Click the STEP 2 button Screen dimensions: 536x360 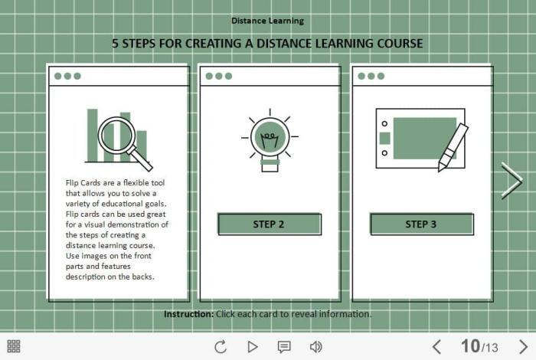pos(270,224)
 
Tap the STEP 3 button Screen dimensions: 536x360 pos(421,224)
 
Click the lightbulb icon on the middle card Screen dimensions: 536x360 pos(270,140)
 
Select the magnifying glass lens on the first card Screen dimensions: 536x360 pos(115,134)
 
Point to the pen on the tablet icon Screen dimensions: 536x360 pos(453,147)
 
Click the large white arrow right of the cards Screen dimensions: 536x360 pos(511,182)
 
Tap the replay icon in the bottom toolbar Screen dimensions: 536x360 pos(221,347)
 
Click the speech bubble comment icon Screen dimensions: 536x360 pos(284,347)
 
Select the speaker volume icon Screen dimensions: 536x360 pos(315,347)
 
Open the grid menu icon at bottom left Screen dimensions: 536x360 pos(14,346)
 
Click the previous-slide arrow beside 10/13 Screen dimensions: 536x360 pos(436,347)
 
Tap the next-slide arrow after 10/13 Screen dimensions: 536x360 pos(523,347)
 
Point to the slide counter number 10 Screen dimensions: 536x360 pos(470,346)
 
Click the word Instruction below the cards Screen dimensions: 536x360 pos(188,314)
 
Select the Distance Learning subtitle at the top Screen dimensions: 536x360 pos(268,21)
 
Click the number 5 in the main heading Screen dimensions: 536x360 pos(115,44)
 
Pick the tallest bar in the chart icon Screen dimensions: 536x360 pos(93,135)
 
